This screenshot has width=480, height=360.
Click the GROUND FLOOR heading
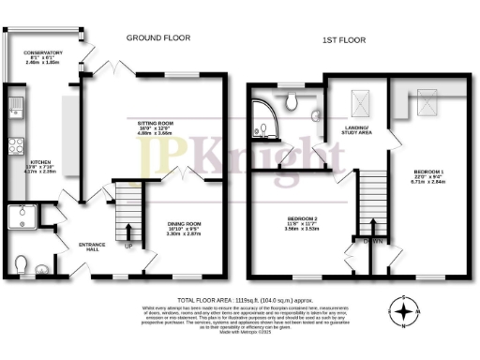159,38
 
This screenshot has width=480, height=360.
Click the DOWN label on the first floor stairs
372,240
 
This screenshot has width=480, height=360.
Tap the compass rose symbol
403,310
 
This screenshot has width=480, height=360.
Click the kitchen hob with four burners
16,145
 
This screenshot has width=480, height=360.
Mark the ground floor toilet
22,263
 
